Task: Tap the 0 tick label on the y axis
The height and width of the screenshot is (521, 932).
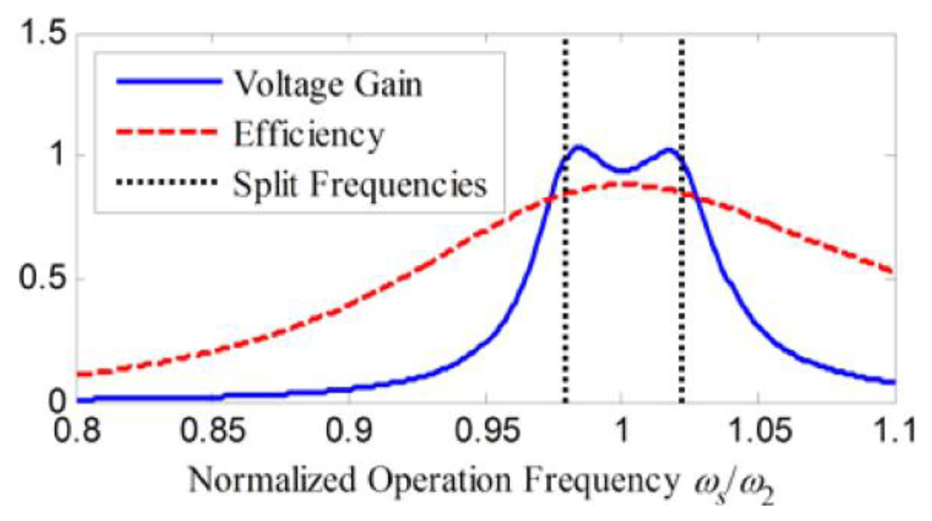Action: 57,401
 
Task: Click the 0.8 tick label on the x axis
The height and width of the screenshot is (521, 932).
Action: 77,430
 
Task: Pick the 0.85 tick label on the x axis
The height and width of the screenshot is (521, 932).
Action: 213,430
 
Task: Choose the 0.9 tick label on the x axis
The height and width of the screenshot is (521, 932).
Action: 349,430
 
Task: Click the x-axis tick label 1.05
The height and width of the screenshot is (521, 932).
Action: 758,430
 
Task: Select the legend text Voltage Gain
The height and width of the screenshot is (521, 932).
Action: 328,85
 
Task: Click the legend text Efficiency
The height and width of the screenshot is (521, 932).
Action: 309,134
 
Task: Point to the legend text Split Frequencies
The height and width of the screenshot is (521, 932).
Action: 359,184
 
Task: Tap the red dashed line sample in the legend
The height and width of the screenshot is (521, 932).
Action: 169,132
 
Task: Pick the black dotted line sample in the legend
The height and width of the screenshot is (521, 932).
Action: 169,182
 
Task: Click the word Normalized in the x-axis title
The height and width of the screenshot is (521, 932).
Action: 271,480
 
